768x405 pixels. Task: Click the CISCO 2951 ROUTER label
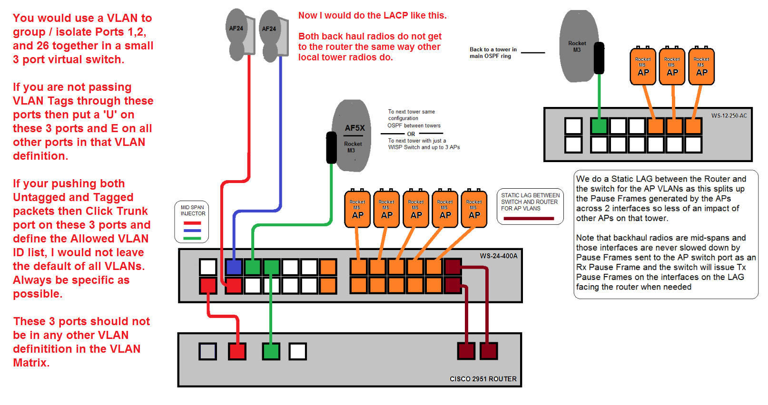483,379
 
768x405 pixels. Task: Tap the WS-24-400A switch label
498,256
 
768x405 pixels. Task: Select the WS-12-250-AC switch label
729,116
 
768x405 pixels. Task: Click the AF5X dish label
354,128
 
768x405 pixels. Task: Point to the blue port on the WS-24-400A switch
234,267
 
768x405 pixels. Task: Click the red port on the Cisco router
237,351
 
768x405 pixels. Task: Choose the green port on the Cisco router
271,351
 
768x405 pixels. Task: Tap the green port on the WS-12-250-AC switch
599,126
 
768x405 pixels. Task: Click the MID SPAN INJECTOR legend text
193,211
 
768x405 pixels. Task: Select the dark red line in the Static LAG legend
529,219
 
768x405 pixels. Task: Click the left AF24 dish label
236,29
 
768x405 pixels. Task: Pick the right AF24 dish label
269,29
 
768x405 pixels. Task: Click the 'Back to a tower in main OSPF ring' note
493,53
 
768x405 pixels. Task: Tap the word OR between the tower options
411,134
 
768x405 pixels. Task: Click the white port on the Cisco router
298,351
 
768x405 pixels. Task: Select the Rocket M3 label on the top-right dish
577,47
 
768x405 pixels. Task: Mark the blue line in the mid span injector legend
192,231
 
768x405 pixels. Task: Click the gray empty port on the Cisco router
208,351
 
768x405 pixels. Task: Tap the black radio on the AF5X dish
331,148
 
